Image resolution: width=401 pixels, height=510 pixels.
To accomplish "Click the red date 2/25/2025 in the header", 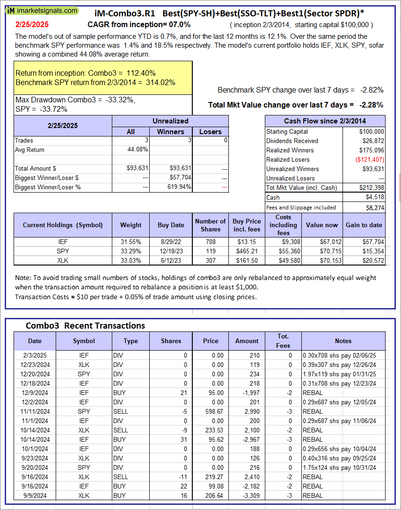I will click(x=32, y=24).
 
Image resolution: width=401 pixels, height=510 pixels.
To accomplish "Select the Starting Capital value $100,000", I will click(x=372, y=132).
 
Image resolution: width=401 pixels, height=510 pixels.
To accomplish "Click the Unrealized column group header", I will click(x=170, y=121).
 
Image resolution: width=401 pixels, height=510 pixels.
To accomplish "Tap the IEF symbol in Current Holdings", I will click(x=63, y=242).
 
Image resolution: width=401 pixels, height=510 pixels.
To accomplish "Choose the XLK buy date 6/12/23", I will click(x=171, y=261).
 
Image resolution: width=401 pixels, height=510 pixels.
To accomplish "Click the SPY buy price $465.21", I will click(x=247, y=251).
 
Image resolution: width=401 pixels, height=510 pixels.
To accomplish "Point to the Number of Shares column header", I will click(x=211, y=225).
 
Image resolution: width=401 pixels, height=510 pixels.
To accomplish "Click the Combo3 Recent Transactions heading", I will click(x=85, y=326).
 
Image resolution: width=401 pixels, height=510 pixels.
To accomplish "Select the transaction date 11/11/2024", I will click(x=35, y=411).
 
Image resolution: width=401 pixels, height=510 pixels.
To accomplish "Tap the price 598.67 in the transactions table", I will click(x=211, y=411).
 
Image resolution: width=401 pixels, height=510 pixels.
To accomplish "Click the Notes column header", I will click(x=343, y=341).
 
